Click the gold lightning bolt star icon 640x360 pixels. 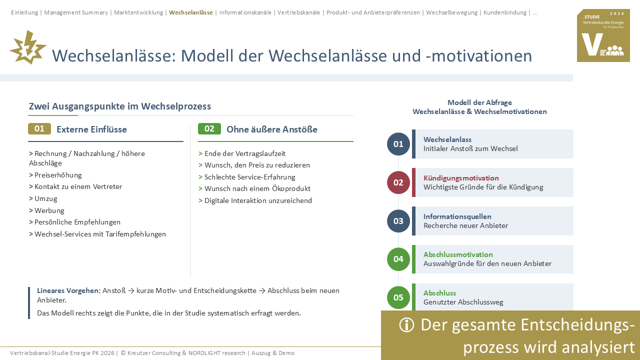point(28,47)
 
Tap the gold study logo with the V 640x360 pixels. point(603,35)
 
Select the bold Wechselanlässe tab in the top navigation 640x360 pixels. point(191,12)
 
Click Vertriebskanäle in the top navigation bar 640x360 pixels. point(298,12)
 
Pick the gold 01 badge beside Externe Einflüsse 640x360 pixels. point(39,129)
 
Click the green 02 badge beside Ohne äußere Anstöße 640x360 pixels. point(209,129)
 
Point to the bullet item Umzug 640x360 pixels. point(43,198)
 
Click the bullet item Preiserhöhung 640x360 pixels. point(55,175)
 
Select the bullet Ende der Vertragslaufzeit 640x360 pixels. point(242,153)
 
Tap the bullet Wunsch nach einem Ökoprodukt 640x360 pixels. point(254,188)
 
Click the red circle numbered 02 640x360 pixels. point(398,182)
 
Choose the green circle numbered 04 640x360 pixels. point(398,259)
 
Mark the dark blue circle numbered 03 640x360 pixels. point(398,221)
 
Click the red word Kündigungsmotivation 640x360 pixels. point(461,178)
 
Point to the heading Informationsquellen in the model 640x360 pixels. point(457,216)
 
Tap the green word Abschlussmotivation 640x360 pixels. point(458,254)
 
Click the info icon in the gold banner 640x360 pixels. point(406,325)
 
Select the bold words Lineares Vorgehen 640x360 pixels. point(68,290)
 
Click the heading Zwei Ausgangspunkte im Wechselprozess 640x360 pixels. point(119,106)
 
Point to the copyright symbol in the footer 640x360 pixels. point(123,353)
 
